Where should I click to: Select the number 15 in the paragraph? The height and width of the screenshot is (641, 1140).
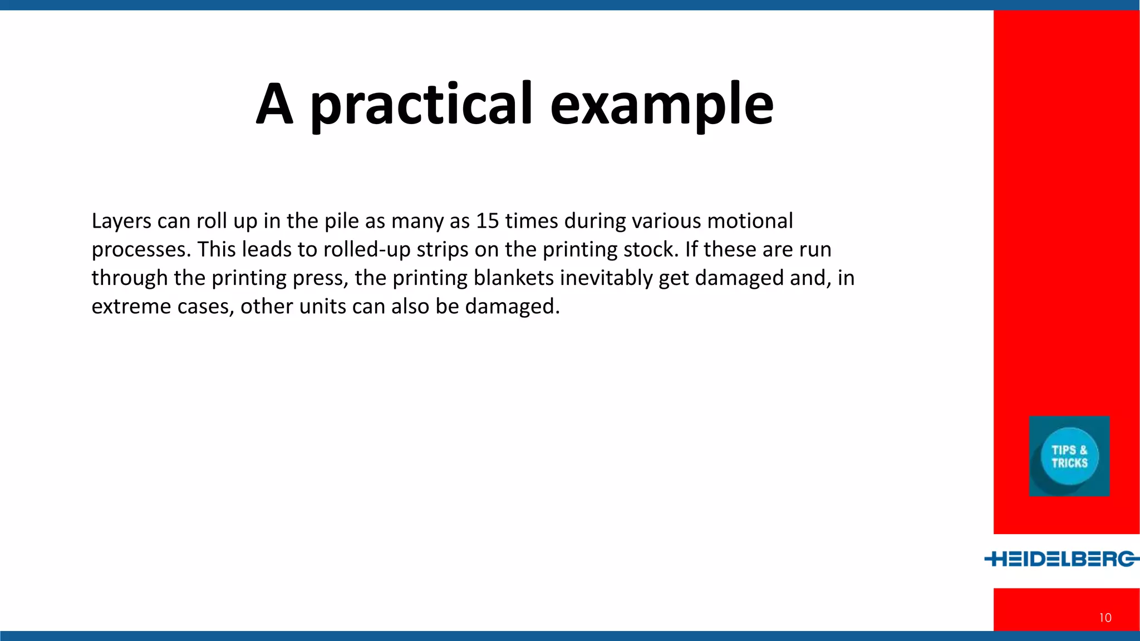[487, 221]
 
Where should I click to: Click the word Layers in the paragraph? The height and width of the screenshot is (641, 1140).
[121, 221]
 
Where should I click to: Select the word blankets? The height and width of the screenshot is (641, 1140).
[513, 278]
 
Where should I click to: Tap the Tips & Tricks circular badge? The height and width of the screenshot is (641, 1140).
[1069, 456]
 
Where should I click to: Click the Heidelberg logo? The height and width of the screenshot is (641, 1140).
[1062, 559]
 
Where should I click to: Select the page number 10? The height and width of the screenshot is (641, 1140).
[1105, 618]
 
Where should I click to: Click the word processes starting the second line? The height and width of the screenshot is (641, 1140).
[141, 249]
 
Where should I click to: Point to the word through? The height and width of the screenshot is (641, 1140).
[130, 278]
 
